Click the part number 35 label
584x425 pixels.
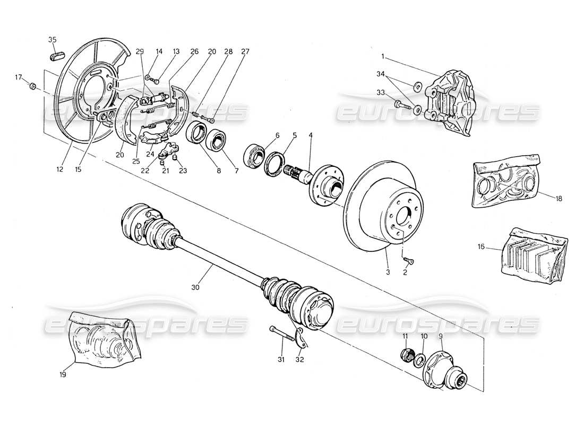52,40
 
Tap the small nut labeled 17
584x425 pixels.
32,86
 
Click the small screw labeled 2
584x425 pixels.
409,261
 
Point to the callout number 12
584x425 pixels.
59,170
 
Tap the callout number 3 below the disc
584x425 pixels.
388,272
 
